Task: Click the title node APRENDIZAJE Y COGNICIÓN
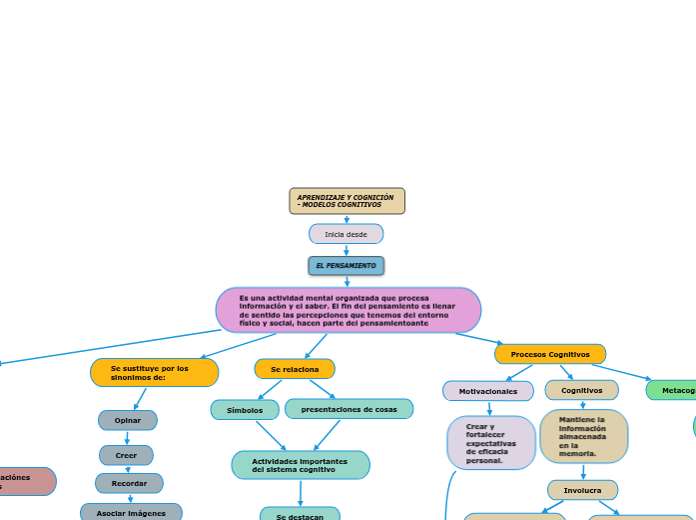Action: pyautogui.click(x=347, y=201)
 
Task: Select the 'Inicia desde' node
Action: pyautogui.click(x=346, y=234)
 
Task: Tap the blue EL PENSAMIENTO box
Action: pyautogui.click(x=346, y=266)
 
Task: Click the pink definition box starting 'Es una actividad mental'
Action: pyautogui.click(x=348, y=310)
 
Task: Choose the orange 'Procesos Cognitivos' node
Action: pyautogui.click(x=549, y=354)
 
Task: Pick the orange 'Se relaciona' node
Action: pyautogui.click(x=295, y=369)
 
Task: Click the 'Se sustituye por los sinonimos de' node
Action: pyautogui.click(x=154, y=373)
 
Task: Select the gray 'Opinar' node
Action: pyautogui.click(x=127, y=420)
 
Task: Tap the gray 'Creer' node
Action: pyautogui.click(x=126, y=455)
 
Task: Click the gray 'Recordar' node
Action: pyautogui.click(x=129, y=483)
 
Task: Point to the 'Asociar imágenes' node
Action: pyautogui.click(x=131, y=512)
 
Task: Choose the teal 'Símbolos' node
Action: pyautogui.click(x=245, y=410)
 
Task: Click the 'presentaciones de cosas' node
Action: pyautogui.click(x=348, y=409)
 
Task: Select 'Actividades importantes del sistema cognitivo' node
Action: pyautogui.click(x=300, y=465)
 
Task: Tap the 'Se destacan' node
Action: pyautogui.click(x=300, y=514)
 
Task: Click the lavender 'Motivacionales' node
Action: pyautogui.click(x=488, y=391)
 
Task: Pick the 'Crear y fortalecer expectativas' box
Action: pyautogui.click(x=491, y=443)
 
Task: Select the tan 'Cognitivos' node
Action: pyautogui.click(x=581, y=390)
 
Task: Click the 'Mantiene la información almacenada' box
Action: pyautogui.click(x=583, y=436)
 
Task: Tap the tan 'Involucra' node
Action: pyautogui.click(x=582, y=490)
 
